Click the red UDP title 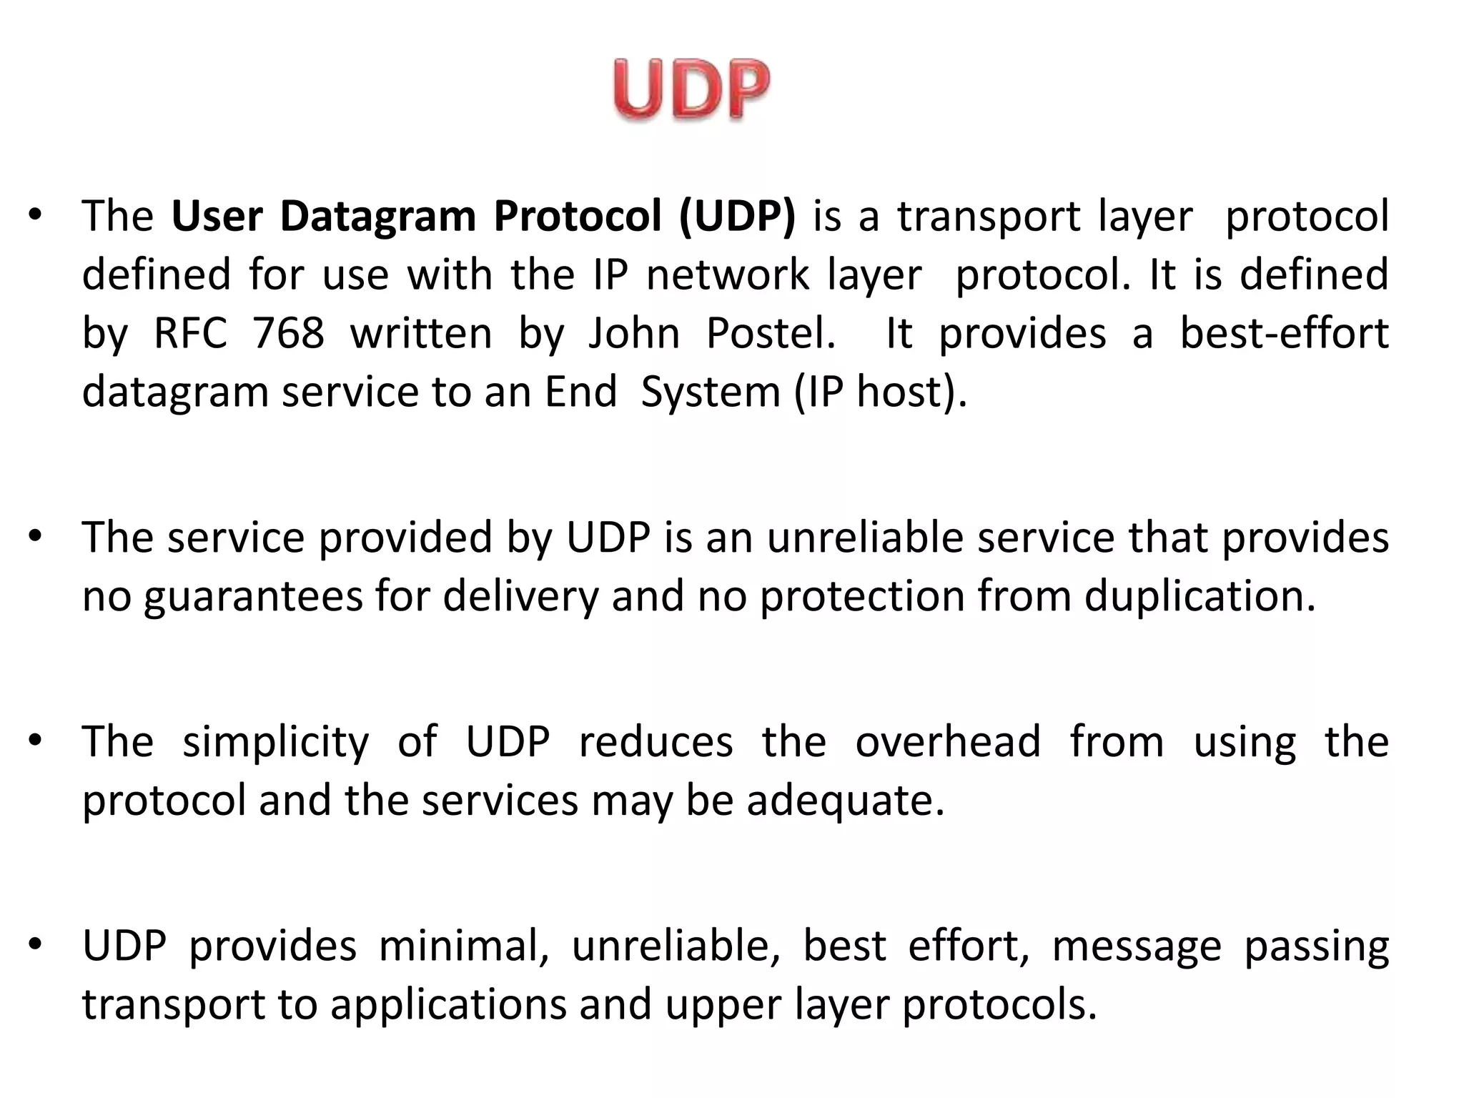(x=691, y=89)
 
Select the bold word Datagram (x=377, y=216)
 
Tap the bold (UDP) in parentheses (x=737, y=216)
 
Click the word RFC (x=190, y=333)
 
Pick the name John (x=633, y=333)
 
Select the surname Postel (x=771, y=333)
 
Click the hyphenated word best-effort (x=1284, y=333)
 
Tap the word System (x=711, y=392)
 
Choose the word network (x=728, y=274)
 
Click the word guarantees (x=253, y=597)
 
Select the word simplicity (x=276, y=742)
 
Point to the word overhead (x=948, y=741)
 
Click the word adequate (x=846, y=801)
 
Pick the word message (x=1137, y=946)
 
